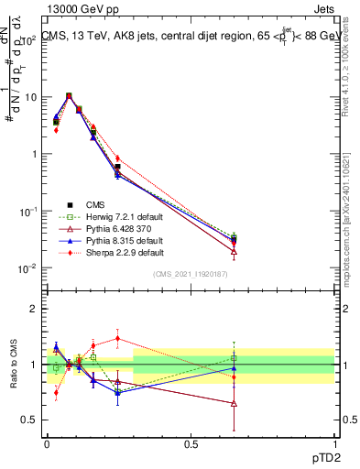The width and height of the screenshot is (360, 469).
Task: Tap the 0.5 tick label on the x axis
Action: pyautogui.click(x=191, y=443)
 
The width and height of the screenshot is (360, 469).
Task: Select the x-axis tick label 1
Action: pyautogui.click(x=334, y=443)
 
